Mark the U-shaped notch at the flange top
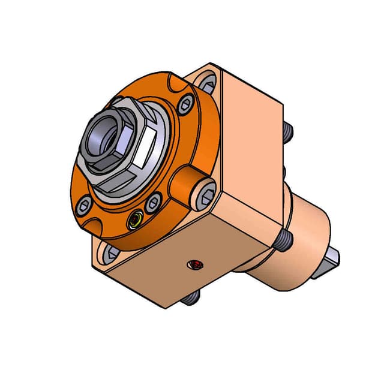pos(173,80)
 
